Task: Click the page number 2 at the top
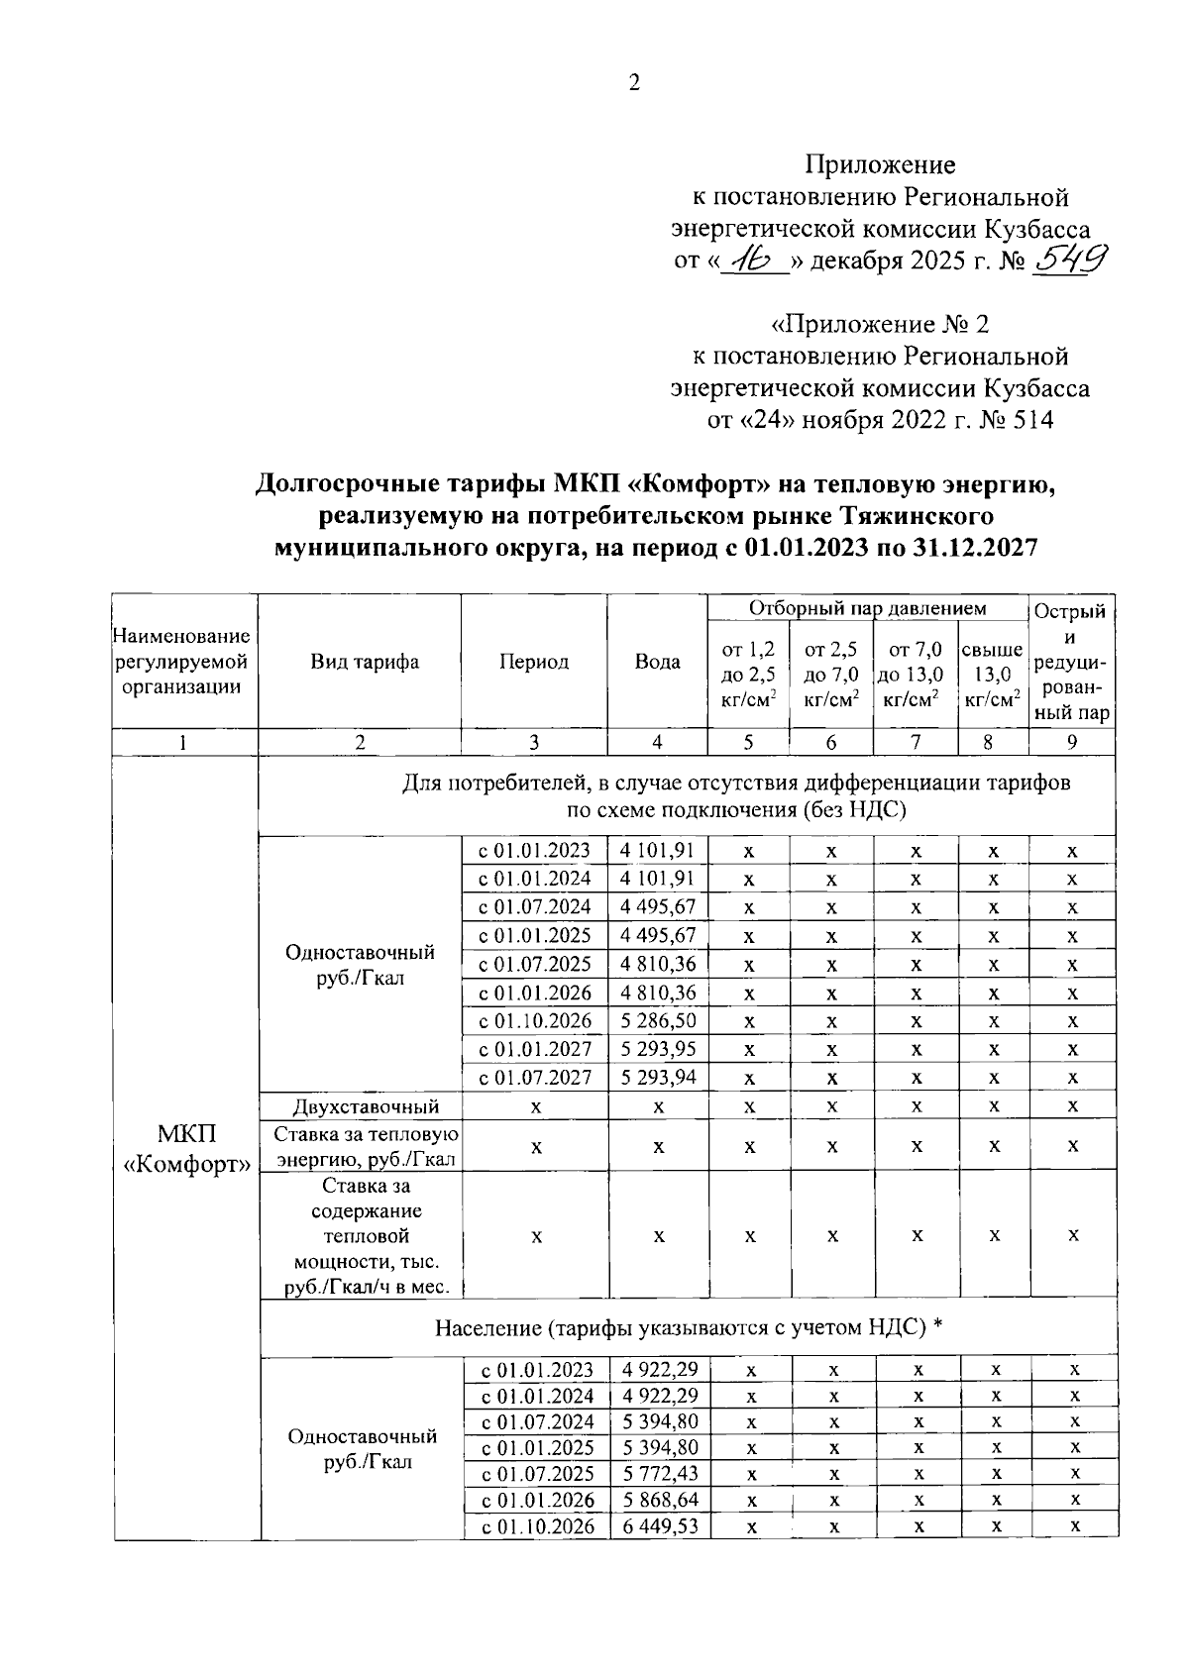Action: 634,83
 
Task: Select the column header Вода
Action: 657,662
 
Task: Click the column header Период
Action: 534,662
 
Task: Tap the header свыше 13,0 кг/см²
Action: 993,675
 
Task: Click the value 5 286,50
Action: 659,1021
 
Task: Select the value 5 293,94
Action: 659,1078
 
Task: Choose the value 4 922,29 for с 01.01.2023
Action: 660,1369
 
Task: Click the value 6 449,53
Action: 660,1526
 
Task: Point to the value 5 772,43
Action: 660,1474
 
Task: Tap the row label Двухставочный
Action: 366,1106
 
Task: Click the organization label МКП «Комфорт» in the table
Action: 186,1149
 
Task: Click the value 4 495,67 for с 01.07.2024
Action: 659,907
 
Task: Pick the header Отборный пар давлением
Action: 867,608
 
